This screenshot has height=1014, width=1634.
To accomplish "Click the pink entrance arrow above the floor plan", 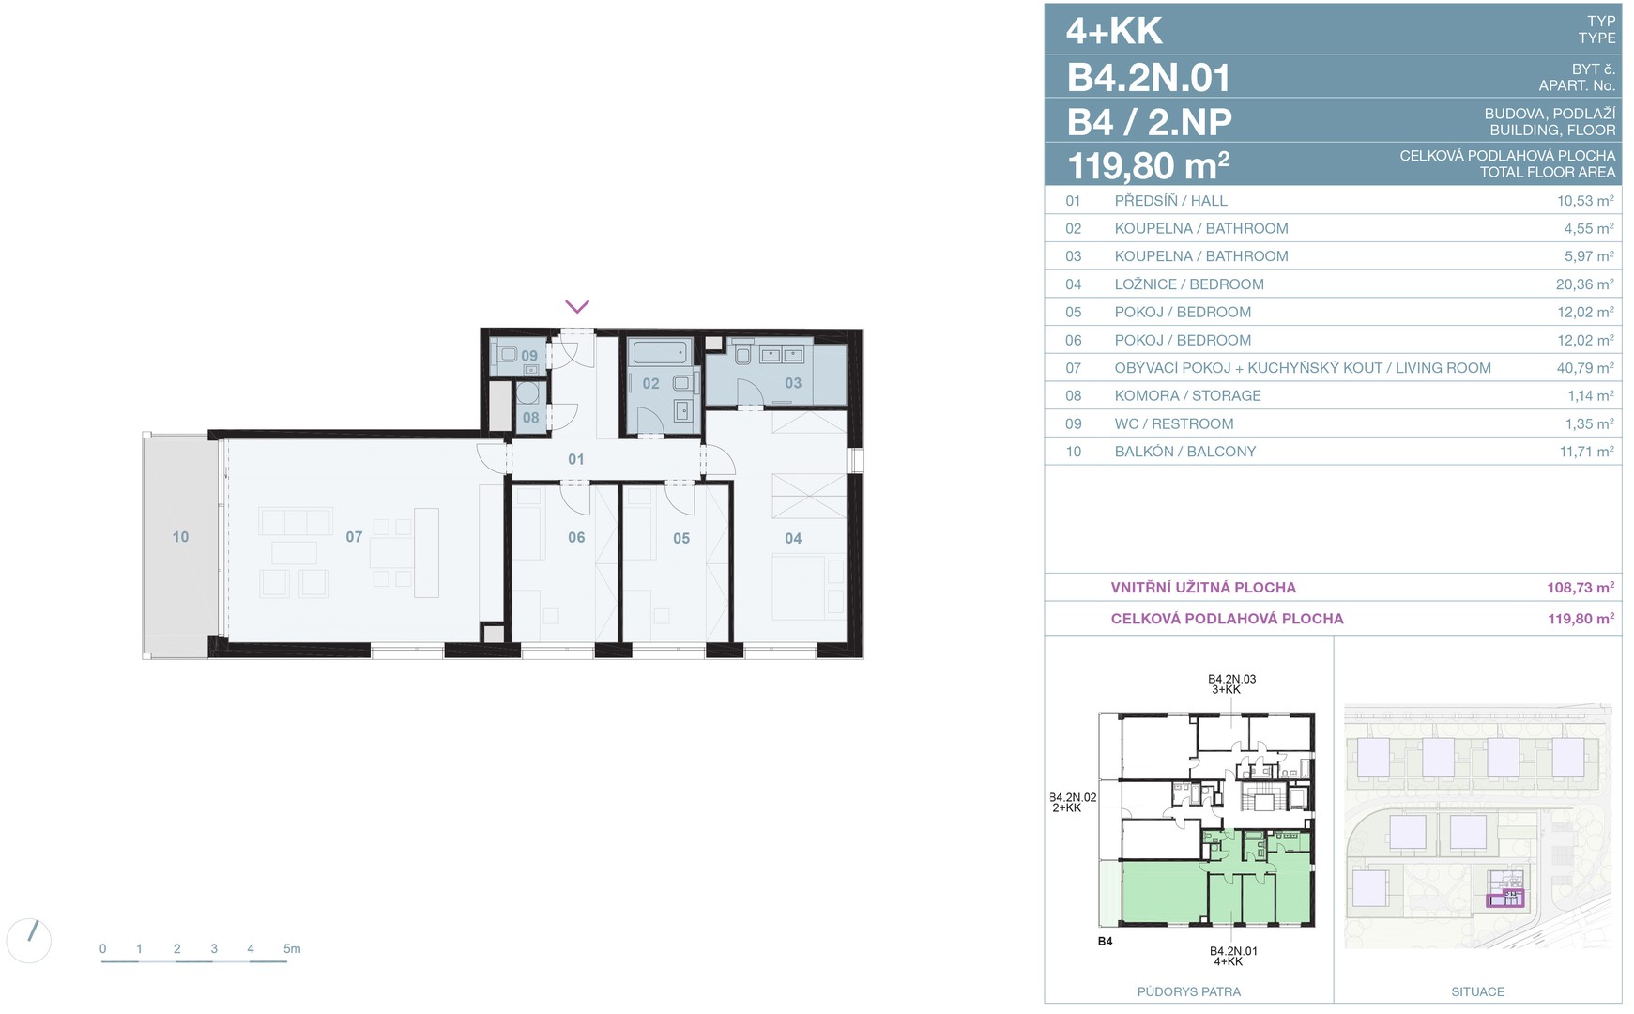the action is click(577, 307).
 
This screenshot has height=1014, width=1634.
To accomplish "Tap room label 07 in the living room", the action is click(354, 537).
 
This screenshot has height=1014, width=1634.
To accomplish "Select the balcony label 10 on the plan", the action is click(180, 537).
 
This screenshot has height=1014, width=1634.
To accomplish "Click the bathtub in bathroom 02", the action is click(660, 353).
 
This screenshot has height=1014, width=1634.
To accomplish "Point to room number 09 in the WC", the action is click(529, 357).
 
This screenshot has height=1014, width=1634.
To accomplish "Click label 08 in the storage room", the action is click(531, 418).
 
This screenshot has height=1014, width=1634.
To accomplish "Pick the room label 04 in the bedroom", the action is click(793, 538).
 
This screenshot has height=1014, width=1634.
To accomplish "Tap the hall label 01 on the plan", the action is click(576, 459).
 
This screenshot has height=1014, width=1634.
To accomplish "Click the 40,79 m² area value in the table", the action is click(1585, 368).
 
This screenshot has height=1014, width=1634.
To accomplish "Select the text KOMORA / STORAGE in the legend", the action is click(1187, 396).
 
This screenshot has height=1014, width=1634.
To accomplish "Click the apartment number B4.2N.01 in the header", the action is click(1149, 77).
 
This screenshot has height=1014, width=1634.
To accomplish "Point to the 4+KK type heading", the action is click(1114, 31).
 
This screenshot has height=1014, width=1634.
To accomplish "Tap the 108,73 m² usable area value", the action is click(1581, 588).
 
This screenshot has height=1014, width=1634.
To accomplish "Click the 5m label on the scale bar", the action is click(292, 949).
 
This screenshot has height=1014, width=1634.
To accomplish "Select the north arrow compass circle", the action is click(29, 940).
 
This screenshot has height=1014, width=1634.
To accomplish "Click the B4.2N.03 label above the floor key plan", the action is click(1231, 679).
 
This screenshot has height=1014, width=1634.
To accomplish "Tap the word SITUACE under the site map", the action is click(1477, 991).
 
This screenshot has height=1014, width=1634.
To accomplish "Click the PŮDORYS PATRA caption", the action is click(1189, 991).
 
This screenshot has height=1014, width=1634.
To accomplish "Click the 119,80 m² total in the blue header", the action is click(1149, 166).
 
